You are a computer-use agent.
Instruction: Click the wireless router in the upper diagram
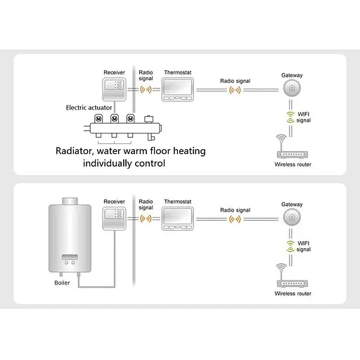pos(292,153)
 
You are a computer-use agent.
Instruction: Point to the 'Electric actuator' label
pos(86,108)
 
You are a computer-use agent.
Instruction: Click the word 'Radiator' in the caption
pos(77,150)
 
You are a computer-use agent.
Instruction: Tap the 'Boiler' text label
pos(63,283)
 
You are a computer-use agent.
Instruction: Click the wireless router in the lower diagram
pos(292,281)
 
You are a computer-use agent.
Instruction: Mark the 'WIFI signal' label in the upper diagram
pos(302,117)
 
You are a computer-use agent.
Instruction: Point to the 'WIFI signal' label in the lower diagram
pos(302,246)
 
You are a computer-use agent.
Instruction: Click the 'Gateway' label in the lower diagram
pos(292,204)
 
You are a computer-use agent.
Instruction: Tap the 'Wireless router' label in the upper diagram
pos(292,165)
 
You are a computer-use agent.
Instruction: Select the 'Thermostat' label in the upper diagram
pos(176,72)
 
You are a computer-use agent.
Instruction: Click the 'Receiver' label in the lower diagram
pos(114,202)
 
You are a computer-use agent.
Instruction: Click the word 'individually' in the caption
pos(107,164)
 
